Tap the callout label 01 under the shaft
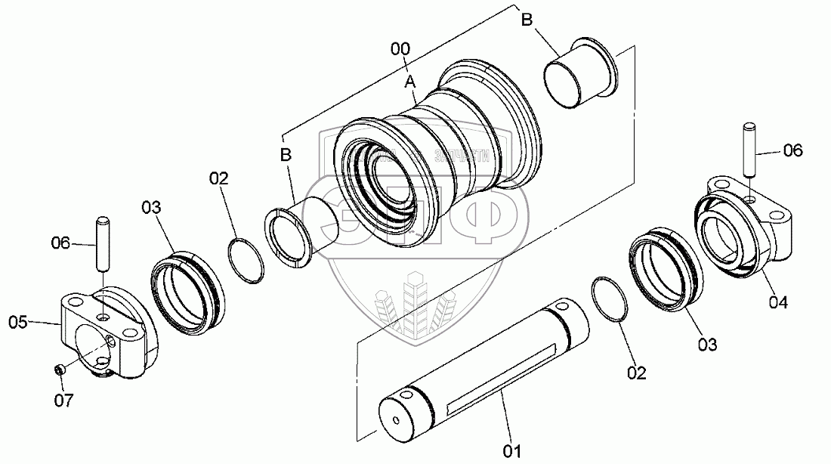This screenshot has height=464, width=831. pos(513,451)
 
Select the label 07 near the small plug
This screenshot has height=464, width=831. pos(65,401)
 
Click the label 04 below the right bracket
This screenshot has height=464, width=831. pos(778,302)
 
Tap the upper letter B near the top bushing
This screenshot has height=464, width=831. pos(528,20)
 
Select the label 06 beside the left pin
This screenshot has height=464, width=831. pos(60,243)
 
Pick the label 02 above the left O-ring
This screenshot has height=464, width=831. pos(219,178)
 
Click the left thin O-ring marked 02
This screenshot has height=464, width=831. pos(246,260)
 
